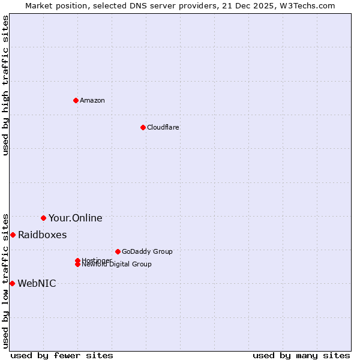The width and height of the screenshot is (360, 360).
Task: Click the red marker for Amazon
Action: click(76, 100)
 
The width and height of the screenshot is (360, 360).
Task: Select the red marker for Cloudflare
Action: click(143, 127)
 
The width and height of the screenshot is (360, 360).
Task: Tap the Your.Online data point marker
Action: click(43, 218)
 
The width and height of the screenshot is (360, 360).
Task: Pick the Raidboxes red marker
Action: click(13, 235)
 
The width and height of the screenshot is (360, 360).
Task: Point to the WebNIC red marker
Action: click(12, 283)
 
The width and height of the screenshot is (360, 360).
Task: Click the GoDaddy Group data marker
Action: click(118, 251)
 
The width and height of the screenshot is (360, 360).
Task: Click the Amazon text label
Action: click(92, 100)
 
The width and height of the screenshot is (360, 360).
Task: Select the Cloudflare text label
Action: click(163, 127)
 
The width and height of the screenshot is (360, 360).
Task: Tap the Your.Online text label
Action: click(75, 218)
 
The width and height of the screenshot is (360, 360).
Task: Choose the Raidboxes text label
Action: click(42, 235)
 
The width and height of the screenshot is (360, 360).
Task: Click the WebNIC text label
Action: click(37, 283)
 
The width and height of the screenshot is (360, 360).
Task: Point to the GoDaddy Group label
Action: click(147, 251)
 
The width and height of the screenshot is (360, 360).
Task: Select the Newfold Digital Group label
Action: click(116, 265)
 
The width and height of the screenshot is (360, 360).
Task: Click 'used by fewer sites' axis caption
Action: click(62, 355)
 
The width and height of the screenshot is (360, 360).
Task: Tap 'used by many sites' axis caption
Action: click(301, 355)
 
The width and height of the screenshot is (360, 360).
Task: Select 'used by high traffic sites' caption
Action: click(5, 85)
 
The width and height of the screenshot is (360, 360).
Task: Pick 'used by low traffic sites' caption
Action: click(5, 281)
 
